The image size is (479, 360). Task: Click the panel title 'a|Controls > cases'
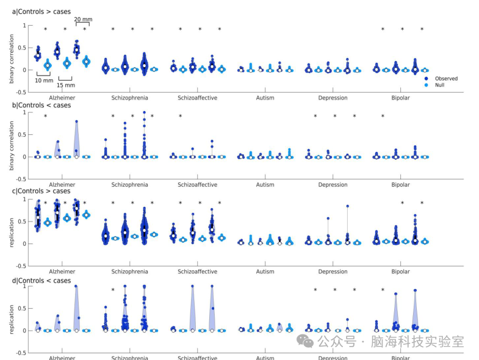(x=41, y=12)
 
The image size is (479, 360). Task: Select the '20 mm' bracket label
(x=83, y=20)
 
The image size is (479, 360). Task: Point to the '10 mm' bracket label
(x=44, y=81)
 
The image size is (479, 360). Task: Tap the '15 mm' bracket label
(x=66, y=85)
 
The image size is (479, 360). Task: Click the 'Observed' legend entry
(x=446, y=79)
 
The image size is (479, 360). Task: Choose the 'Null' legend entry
(x=439, y=85)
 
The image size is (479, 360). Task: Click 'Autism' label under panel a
(x=265, y=98)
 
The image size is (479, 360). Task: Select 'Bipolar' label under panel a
(x=400, y=98)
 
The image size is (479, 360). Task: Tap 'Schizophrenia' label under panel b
(x=129, y=185)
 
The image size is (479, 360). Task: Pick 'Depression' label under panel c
(x=333, y=272)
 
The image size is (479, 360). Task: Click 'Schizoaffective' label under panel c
(x=197, y=272)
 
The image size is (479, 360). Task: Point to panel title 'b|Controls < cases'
(x=41, y=105)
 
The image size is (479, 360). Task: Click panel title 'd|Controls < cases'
(x=41, y=281)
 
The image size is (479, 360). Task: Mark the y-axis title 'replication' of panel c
(x=12, y=232)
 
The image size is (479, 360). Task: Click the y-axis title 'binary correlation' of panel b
(x=12, y=146)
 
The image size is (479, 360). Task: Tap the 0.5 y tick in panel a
(x=21, y=48)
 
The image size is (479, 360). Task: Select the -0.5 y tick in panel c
(x=21, y=266)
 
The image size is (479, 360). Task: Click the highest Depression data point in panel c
(x=347, y=206)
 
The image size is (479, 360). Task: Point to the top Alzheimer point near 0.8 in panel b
(x=77, y=121)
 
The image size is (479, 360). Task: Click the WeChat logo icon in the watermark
(x=305, y=341)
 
